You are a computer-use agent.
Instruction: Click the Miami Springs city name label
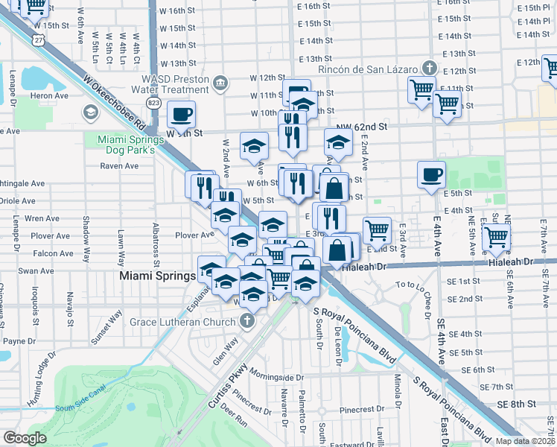tap(157, 276)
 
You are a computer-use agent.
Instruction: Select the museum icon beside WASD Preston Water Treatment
tap(221, 82)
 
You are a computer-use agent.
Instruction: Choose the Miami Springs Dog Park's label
tap(130, 145)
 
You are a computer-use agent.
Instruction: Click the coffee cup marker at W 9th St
tap(182, 115)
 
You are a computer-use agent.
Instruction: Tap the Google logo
tap(25, 438)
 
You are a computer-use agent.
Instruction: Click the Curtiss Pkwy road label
tap(228, 393)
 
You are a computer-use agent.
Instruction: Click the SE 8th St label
tap(518, 404)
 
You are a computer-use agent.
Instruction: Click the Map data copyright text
tap(525, 440)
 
